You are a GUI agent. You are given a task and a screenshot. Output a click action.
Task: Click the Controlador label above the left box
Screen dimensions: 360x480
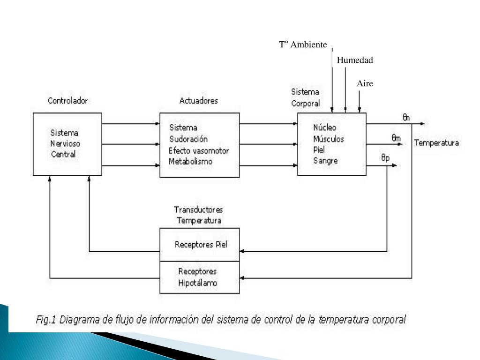point(67,101)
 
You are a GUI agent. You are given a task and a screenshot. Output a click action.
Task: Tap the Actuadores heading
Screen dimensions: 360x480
point(199,101)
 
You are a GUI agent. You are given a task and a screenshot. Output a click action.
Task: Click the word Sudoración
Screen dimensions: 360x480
point(188,139)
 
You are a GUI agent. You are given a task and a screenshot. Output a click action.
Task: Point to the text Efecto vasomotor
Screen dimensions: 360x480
point(199,150)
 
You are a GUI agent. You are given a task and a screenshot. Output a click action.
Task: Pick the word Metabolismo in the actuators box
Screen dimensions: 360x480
point(191,162)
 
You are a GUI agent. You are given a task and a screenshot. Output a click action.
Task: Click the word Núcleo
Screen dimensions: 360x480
point(325,127)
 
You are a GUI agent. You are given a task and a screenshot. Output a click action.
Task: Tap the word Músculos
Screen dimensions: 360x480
point(329,139)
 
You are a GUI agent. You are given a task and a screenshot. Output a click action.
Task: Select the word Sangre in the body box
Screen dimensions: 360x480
point(325,161)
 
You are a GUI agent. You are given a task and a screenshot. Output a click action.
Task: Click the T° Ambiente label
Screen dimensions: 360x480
point(303,45)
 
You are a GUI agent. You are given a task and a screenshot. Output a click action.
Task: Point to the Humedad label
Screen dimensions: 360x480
point(355,60)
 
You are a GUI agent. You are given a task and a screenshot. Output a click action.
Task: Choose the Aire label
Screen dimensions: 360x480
point(365,83)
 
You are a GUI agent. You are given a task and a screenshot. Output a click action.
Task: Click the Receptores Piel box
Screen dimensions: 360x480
point(200,245)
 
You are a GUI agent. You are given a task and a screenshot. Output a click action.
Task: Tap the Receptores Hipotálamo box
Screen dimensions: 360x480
point(200,277)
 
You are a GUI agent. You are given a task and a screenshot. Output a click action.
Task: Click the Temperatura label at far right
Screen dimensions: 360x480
point(436,143)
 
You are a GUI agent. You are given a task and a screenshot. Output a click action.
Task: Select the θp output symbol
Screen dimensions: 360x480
point(385,158)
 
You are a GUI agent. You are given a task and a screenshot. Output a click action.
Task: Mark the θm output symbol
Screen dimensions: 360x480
point(396,138)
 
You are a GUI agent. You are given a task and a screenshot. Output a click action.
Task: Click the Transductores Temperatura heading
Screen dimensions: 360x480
point(199,214)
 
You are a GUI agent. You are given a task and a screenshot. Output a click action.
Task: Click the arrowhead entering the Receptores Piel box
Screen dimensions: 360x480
point(242,252)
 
